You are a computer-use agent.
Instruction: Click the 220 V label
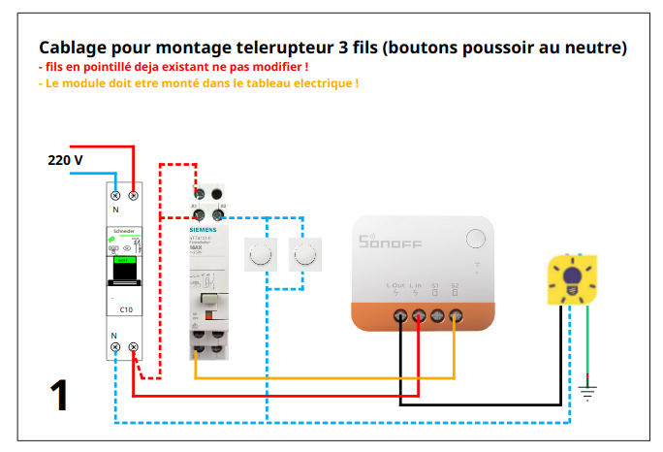click(x=65, y=160)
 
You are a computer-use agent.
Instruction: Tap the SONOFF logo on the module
click(x=391, y=242)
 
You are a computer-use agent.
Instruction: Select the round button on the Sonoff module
click(x=475, y=239)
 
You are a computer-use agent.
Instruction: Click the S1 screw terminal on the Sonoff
click(x=436, y=315)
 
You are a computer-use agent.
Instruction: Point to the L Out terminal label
click(x=395, y=285)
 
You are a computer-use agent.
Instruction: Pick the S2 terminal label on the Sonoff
click(x=455, y=285)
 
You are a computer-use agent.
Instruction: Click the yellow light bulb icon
click(x=571, y=279)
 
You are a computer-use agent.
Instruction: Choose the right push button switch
click(x=305, y=255)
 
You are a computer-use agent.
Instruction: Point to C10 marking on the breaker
click(x=125, y=308)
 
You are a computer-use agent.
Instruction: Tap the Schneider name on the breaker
click(x=124, y=231)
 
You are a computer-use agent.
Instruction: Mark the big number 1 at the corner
click(x=59, y=396)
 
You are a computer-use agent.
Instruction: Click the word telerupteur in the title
click(x=276, y=47)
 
